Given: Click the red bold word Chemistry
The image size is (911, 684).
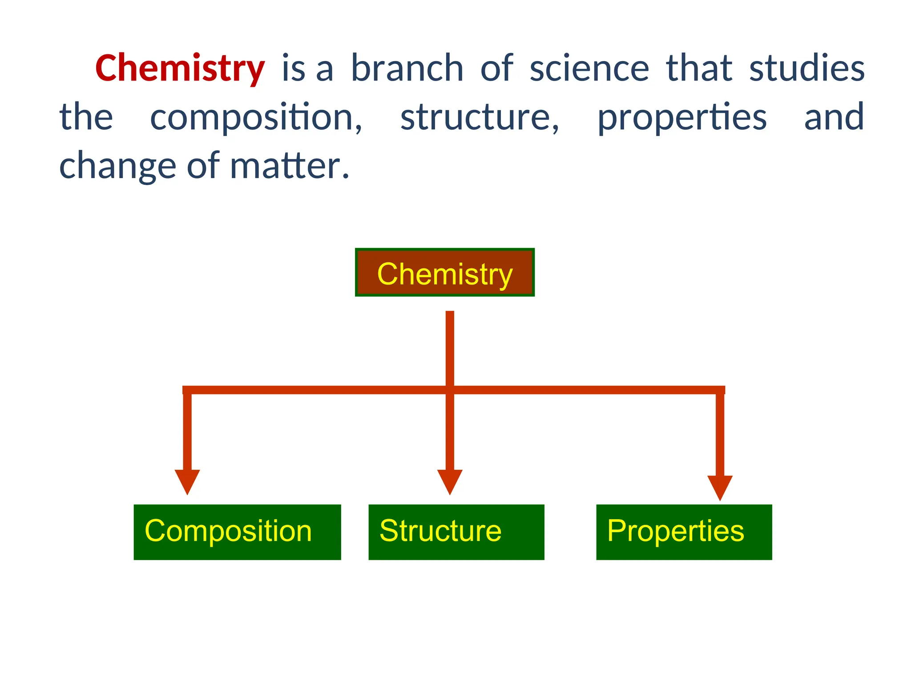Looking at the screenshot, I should (x=180, y=68).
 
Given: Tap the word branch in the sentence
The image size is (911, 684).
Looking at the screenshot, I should (x=407, y=68).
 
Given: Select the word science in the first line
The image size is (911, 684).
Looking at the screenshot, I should (x=589, y=68).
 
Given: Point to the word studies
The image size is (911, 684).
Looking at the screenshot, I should (x=806, y=68).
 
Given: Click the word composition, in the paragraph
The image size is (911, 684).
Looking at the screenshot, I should (x=256, y=117).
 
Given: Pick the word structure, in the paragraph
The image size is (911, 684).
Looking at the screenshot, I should (x=480, y=117).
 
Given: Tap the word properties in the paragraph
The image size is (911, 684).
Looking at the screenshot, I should (x=681, y=117).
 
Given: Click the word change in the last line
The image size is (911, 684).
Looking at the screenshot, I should (x=117, y=166).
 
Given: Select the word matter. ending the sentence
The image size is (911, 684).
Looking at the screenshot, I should (x=290, y=166).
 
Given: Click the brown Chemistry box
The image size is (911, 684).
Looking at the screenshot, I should (x=444, y=273).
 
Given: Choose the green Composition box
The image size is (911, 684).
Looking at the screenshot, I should (x=237, y=532).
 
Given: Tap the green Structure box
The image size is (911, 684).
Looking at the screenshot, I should (x=456, y=532).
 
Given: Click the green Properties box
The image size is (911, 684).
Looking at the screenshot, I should (x=684, y=532).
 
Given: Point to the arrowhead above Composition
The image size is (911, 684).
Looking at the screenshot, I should (x=187, y=480).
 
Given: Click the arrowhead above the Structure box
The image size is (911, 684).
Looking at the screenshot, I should (x=450, y=480).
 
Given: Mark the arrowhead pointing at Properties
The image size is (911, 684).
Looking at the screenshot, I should (x=720, y=486).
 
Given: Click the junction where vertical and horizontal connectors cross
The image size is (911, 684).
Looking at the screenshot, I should (x=450, y=390).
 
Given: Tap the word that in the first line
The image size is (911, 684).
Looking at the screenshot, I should (x=699, y=68).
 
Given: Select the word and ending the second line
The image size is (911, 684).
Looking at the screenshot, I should (x=834, y=117).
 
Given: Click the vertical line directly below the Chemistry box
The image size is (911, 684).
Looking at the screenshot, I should (x=450, y=347).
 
